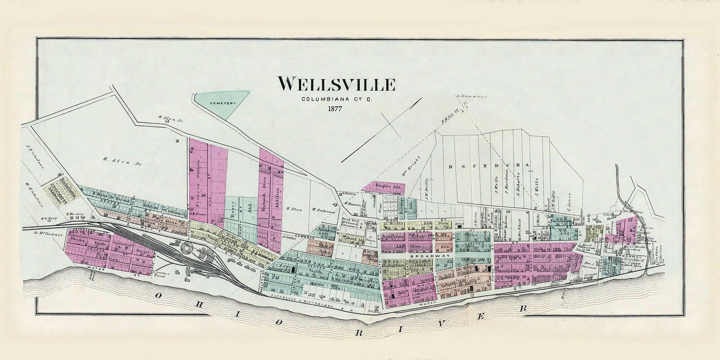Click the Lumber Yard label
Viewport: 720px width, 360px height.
pyautogui.click(x=164, y=270)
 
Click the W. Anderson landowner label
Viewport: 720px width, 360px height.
pyautogui.click(x=323, y=209)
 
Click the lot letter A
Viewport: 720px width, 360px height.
pyautogui.click(x=519, y=167)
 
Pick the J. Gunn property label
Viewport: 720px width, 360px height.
pyautogui.click(x=369, y=235)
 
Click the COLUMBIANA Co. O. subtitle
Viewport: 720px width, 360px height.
pyautogui.click(x=336, y=99)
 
